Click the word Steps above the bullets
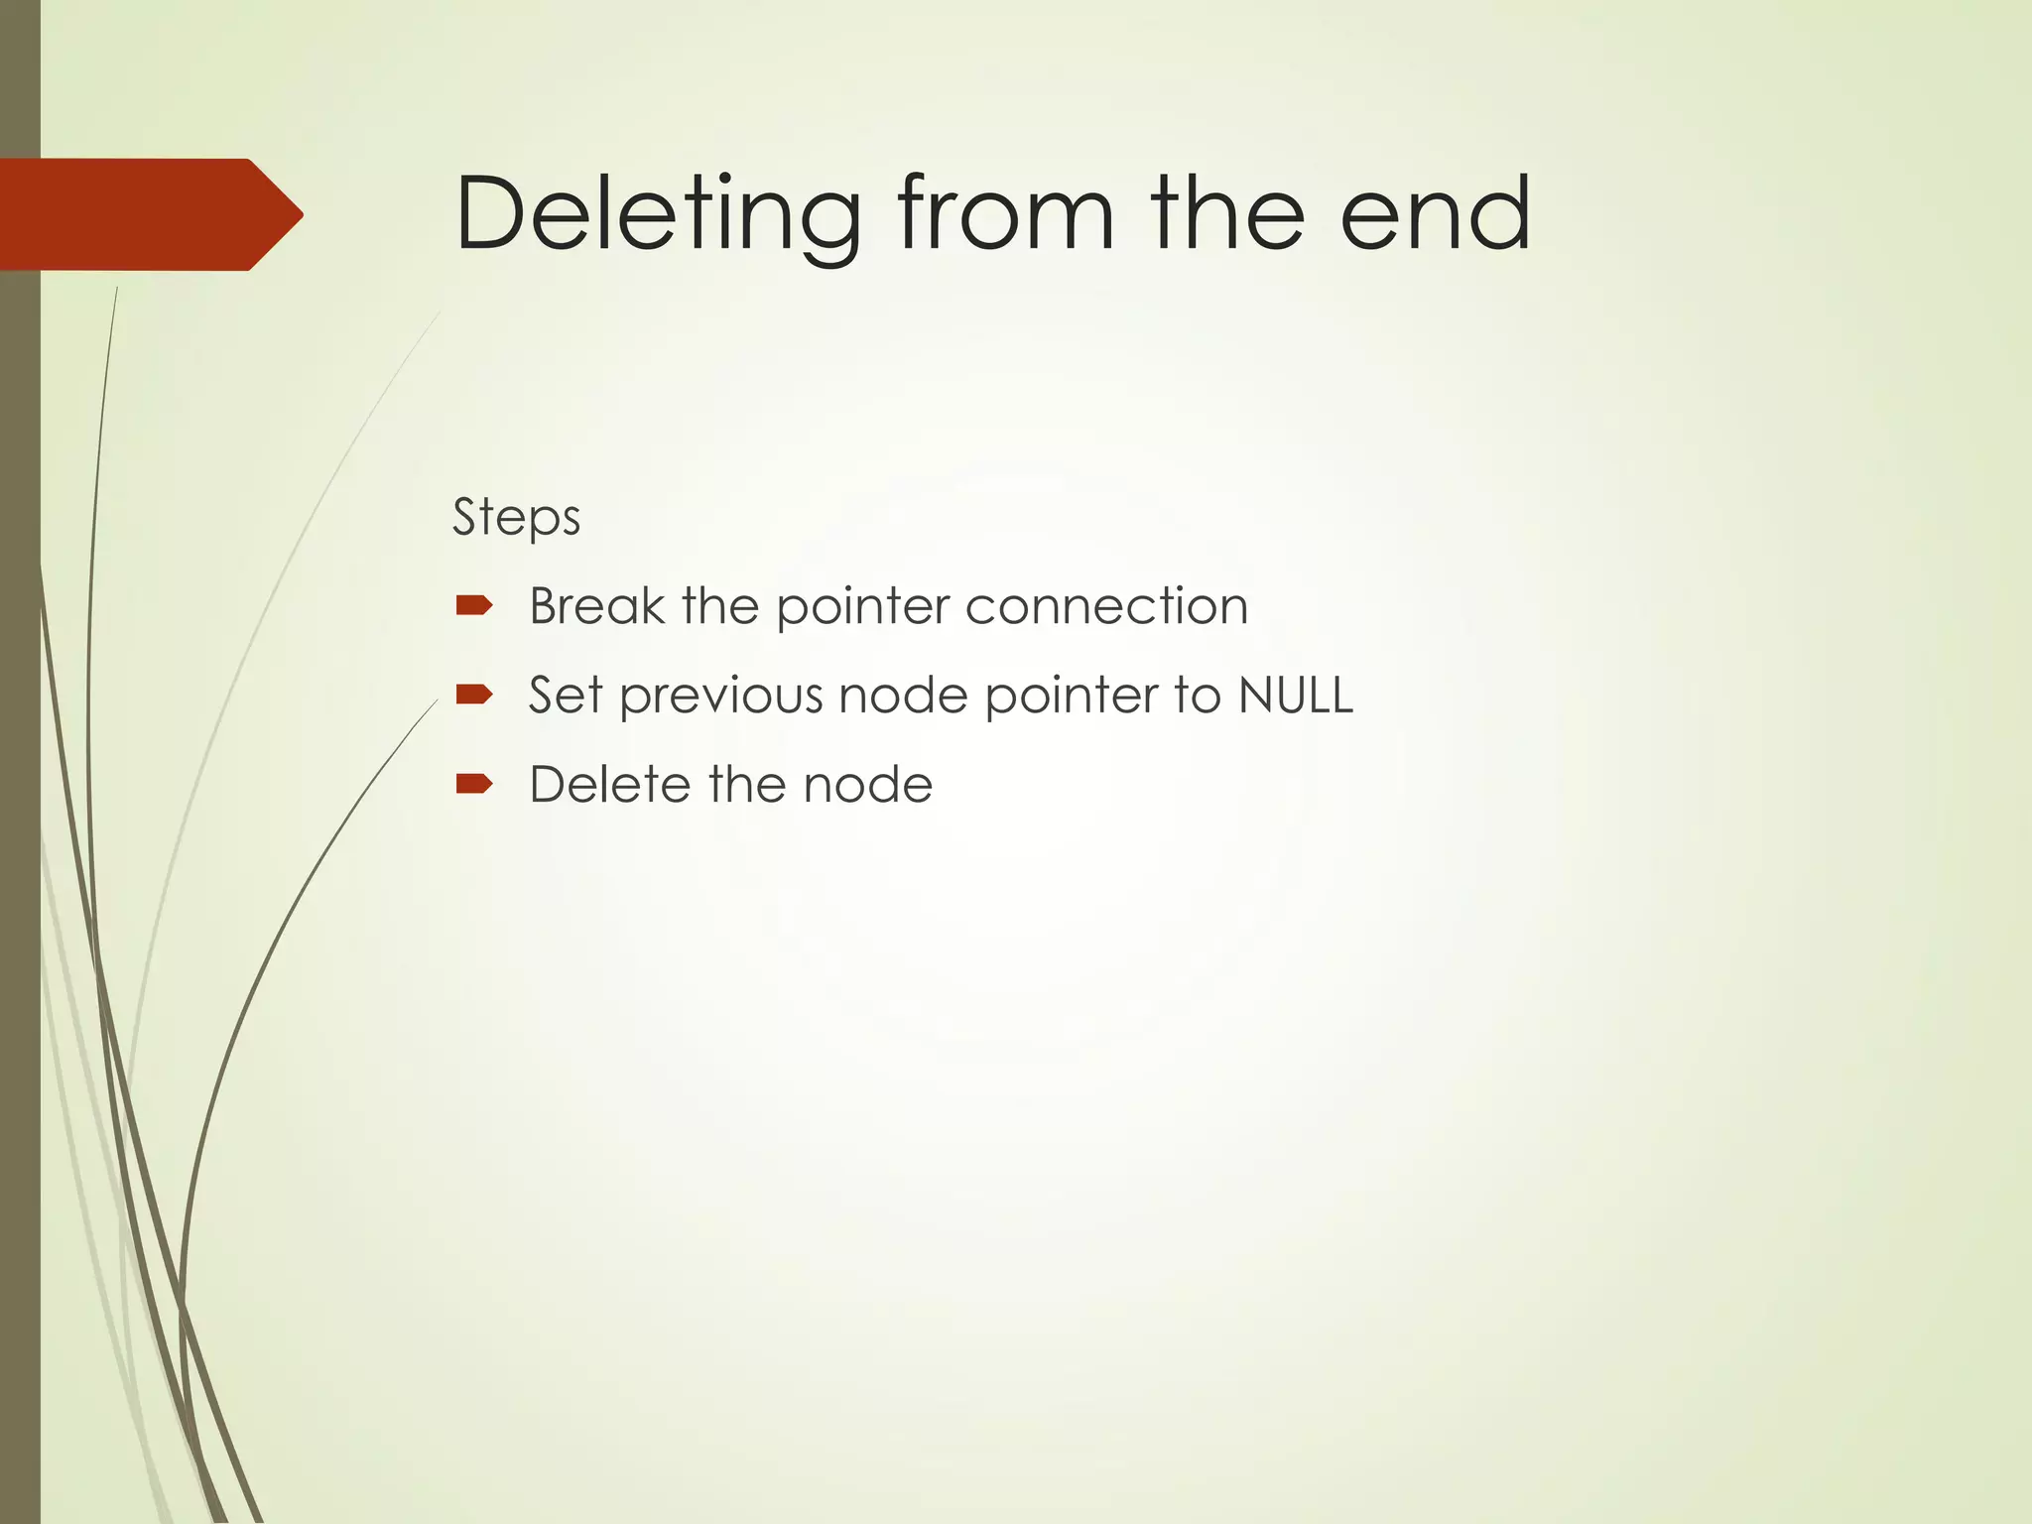(x=516, y=518)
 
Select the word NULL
(x=1295, y=695)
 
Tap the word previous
(x=721, y=695)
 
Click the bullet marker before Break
(x=474, y=605)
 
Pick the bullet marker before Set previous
(x=474, y=694)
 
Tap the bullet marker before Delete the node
(x=474, y=784)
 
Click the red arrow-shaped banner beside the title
(x=149, y=214)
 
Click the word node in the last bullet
(x=868, y=784)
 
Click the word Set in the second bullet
(x=566, y=695)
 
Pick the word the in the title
(x=1227, y=214)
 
